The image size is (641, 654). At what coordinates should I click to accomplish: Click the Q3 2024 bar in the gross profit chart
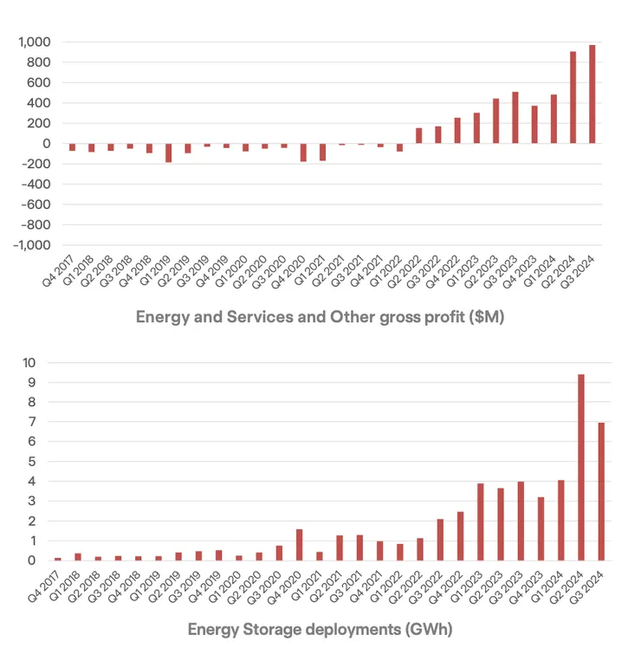[592, 94]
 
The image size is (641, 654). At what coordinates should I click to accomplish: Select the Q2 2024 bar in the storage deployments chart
[581, 468]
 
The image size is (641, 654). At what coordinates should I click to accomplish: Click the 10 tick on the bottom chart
[29, 363]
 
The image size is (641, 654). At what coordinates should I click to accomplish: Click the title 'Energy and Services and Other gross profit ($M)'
[320, 317]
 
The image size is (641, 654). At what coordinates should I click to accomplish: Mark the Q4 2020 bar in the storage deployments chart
[300, 545]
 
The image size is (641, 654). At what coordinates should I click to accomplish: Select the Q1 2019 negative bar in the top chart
[168, 153]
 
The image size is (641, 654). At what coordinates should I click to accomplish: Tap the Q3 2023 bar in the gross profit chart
[515, 118]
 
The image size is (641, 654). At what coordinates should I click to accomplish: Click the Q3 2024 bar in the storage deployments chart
[601, 491]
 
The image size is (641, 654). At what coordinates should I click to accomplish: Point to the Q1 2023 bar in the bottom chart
[481, 521]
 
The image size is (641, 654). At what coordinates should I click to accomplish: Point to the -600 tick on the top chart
[36, 204]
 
